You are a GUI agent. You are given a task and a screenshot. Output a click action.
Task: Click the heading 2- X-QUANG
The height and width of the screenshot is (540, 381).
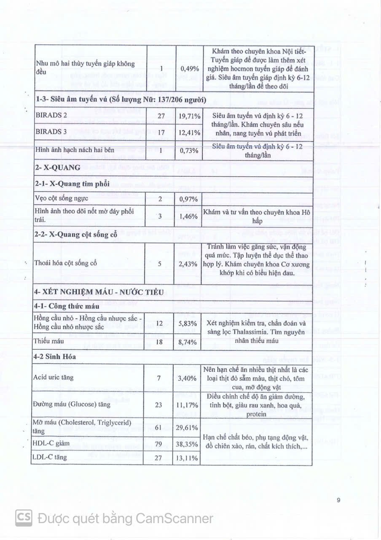click(57, 167)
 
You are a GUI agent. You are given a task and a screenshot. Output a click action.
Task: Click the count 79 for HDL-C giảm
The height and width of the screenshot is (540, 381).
click(159, 443)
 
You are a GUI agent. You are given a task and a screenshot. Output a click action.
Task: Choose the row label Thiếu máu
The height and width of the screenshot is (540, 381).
click(45, 342)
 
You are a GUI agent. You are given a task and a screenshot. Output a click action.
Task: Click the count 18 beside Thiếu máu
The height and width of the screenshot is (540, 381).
click(159, 342)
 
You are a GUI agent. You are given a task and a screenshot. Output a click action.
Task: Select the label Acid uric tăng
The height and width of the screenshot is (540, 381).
click(51, 378)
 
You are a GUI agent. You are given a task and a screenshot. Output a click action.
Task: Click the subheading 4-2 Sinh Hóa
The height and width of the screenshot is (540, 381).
click(54, 357)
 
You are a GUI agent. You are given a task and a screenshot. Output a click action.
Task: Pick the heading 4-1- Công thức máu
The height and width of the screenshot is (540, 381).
click(67, 306)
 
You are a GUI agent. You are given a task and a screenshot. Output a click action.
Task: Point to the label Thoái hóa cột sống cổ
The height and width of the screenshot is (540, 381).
click(66, 263)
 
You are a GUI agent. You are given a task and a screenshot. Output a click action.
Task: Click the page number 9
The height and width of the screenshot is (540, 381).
click(338, 500)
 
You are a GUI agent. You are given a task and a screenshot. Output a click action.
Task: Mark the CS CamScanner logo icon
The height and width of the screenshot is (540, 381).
click(24, 518)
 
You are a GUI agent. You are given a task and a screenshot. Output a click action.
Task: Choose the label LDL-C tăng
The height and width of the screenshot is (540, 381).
click(49, 457)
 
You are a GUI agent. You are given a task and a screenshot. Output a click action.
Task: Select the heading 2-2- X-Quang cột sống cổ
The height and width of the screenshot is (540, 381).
click(75, 235)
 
